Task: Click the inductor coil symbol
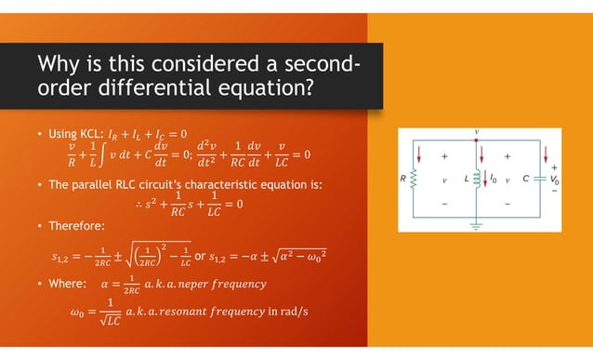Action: pos(475,177)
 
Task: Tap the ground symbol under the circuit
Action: pos(476,224)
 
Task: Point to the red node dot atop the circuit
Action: pos(476,140)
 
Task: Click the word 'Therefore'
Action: pos(75,224)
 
